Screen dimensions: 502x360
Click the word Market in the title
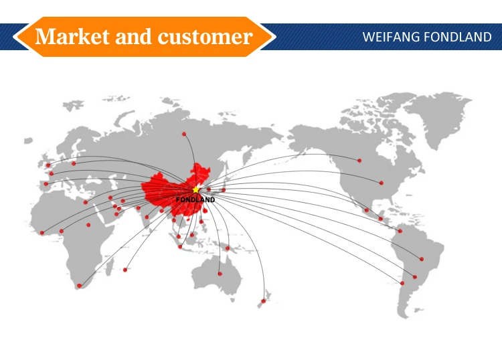click(72, 36)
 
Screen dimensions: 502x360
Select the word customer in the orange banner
click(205, 36)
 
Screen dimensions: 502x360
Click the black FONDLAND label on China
click(195, 199)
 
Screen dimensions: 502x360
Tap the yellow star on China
click(196, 190)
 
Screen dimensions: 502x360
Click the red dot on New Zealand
click(263, 301)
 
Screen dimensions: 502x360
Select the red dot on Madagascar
click(125, 270)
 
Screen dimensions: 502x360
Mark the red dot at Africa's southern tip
click(79, 286)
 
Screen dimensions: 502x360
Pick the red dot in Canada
click(359, 161)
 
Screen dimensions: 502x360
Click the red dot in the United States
click(382, 183)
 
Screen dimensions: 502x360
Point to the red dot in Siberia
click(184, 134)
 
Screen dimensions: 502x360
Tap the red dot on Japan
click(224, 190)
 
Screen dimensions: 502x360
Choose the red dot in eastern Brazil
click(422, 259)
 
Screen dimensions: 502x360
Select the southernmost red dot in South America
click(402, 283)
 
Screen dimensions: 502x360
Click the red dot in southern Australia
click(220, 274)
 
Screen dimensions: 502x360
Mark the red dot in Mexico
click(366, 210)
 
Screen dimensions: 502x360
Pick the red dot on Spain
click(46, 183)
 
